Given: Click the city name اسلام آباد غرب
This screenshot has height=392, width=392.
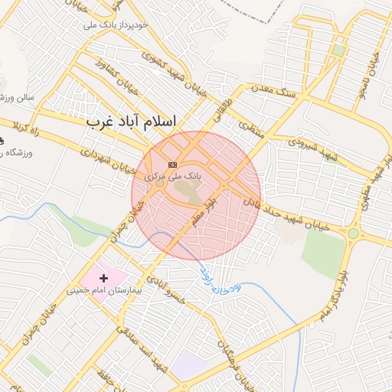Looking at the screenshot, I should [x=131, y=122].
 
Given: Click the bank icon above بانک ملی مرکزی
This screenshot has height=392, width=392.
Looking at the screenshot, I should [x=172, y=165].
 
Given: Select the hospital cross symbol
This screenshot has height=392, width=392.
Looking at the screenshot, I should [x=104, y=276].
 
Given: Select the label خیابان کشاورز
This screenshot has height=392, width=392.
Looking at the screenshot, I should [x=116, y=87].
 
